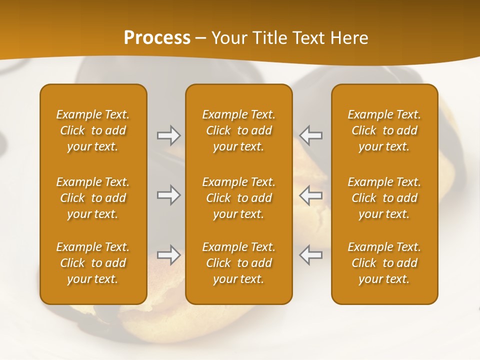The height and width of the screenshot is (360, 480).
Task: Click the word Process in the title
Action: (157, 38)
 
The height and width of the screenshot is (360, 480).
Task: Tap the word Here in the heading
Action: (349, 38)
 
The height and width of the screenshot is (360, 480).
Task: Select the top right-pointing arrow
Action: (168, 135)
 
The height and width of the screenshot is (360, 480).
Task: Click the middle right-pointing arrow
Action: (168, 195)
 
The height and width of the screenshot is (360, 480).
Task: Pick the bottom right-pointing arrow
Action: (168, 255)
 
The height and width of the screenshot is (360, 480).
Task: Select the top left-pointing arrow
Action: (311, 135)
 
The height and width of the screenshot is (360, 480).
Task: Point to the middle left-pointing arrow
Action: (311, 195)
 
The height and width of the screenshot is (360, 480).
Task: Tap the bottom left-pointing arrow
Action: (311, 255)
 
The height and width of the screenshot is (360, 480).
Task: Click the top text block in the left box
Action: (93, 130)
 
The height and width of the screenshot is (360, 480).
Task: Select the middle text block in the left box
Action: (93, 198)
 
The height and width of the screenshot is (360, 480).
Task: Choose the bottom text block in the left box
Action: (93, 263)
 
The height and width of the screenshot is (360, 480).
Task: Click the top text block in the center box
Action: (238, 130)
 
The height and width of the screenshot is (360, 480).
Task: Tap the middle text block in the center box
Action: (238, 198)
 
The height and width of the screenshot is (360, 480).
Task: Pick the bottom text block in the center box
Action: (238, 263)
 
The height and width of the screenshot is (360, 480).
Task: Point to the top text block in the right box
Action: (384, 130)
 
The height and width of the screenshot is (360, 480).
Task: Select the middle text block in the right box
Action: (384, 198)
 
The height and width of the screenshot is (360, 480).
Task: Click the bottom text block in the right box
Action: (384, 263)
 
